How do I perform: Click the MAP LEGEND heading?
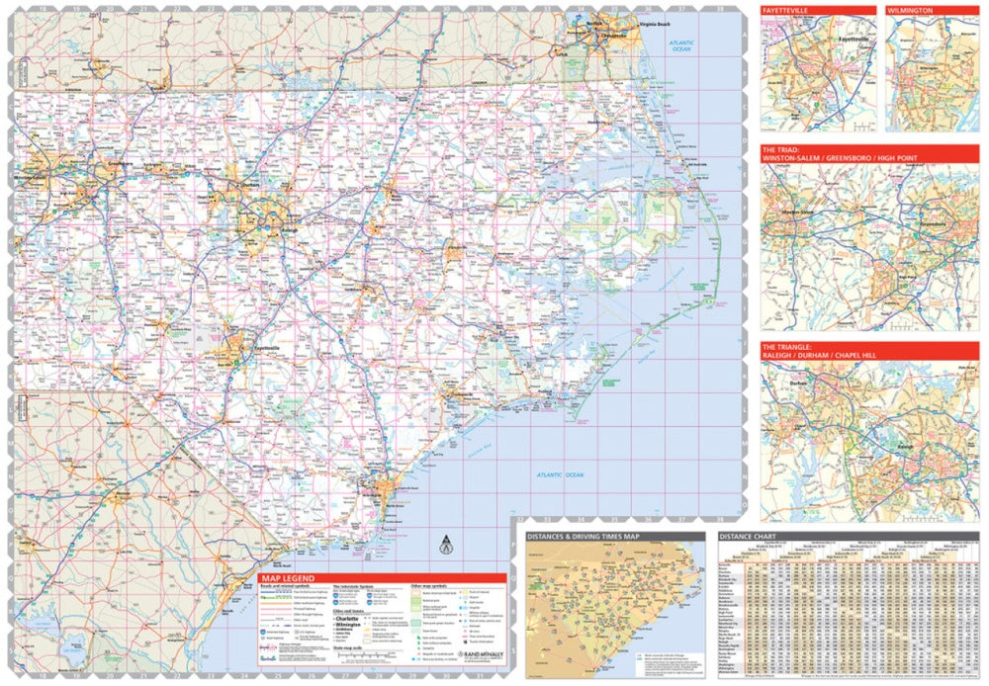288,578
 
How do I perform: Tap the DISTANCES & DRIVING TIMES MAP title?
584,537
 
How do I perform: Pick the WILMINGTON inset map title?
911,11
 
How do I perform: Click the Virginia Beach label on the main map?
655,24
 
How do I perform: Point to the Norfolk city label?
594,23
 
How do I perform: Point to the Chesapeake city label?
614,35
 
